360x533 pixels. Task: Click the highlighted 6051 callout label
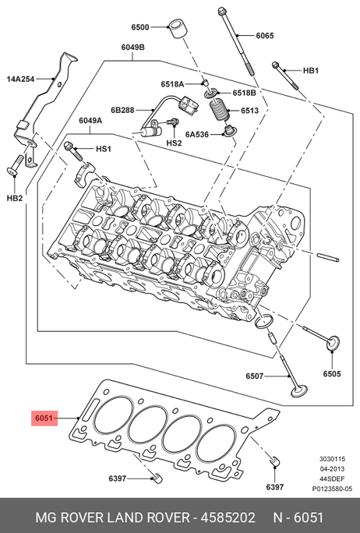pyautogui.click(x=44, y=418)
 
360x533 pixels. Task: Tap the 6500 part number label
pyautogui.click(x=140, y=26)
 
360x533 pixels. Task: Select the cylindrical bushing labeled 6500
pyautogui.click(x=177, y=30)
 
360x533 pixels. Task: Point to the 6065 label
pyautogui.click(x=264, y=35)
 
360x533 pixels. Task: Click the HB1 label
pyautogui.click(x=311, y=70)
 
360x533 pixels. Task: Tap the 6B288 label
pyautogui.click(x=122, y=110)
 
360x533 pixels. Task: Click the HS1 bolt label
pyautogui.click(x=104, y=149)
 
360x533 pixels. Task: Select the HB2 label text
pyautogui.click(x=15, y=198)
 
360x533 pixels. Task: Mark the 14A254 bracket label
pyautogui.click(x=20, y=79)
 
